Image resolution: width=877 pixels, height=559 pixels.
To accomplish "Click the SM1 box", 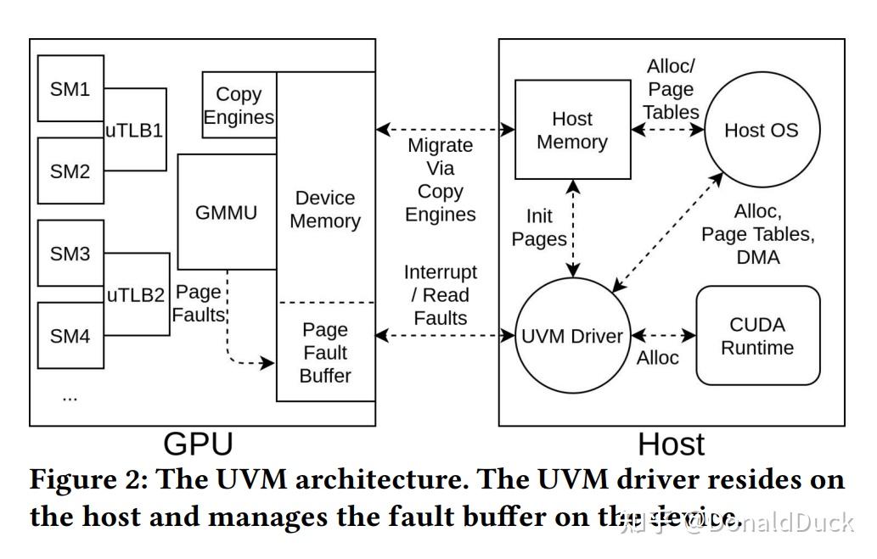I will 70,89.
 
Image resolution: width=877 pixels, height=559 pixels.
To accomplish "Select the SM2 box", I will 70,171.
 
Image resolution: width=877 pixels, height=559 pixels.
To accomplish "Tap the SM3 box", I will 70,254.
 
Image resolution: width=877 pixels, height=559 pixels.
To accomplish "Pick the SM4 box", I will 70,336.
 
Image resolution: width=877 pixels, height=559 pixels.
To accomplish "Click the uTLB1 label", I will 134,131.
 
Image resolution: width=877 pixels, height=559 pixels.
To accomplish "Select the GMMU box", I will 226,212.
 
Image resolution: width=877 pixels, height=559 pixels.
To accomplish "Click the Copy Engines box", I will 239,105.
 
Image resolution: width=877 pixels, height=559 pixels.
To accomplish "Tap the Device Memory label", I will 325,210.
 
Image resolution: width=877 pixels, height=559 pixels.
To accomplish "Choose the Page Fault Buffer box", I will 325,352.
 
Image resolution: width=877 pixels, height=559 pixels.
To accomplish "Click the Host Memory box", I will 571,130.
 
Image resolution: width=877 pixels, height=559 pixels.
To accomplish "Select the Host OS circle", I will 761,130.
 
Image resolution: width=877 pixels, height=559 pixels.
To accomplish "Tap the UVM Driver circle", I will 571,336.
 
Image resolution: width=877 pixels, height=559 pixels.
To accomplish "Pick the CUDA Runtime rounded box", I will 757,336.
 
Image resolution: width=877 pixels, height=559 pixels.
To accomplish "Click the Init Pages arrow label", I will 540,227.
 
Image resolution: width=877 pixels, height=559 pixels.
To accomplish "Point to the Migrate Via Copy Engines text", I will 441,179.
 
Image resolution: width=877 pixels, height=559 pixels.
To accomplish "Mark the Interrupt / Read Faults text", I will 441,294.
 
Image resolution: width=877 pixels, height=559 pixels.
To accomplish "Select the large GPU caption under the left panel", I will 198,444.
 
